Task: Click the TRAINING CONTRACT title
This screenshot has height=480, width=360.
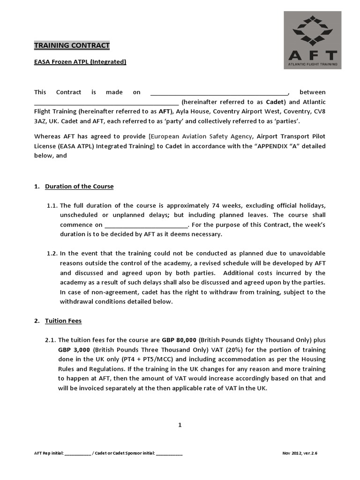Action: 72,45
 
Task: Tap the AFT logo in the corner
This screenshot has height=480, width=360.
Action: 312,40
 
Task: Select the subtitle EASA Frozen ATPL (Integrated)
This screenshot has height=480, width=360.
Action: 80,61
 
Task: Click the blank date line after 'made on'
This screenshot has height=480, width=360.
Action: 219,92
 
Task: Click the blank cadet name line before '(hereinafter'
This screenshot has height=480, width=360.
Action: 106,102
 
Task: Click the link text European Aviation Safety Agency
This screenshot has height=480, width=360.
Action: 202,136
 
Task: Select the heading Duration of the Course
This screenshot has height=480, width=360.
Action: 79,186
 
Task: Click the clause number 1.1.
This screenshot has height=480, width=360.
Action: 52,205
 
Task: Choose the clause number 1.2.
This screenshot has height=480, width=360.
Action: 52,254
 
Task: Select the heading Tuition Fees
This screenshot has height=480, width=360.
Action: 63,321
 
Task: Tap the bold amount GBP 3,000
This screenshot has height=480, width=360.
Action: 74,350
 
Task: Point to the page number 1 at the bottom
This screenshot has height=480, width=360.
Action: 180,425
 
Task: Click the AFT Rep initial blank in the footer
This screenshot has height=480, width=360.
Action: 78,454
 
